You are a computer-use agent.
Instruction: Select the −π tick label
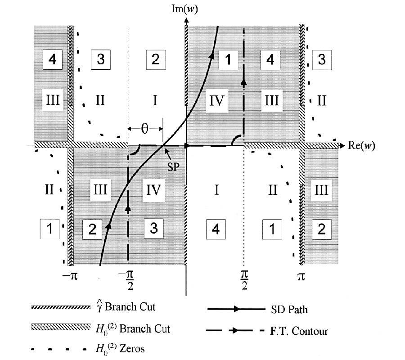click(x=70, y=276)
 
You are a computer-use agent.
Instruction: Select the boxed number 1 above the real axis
click(x=228, y=60)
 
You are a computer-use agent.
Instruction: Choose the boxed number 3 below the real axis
click(x=154, y=229)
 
